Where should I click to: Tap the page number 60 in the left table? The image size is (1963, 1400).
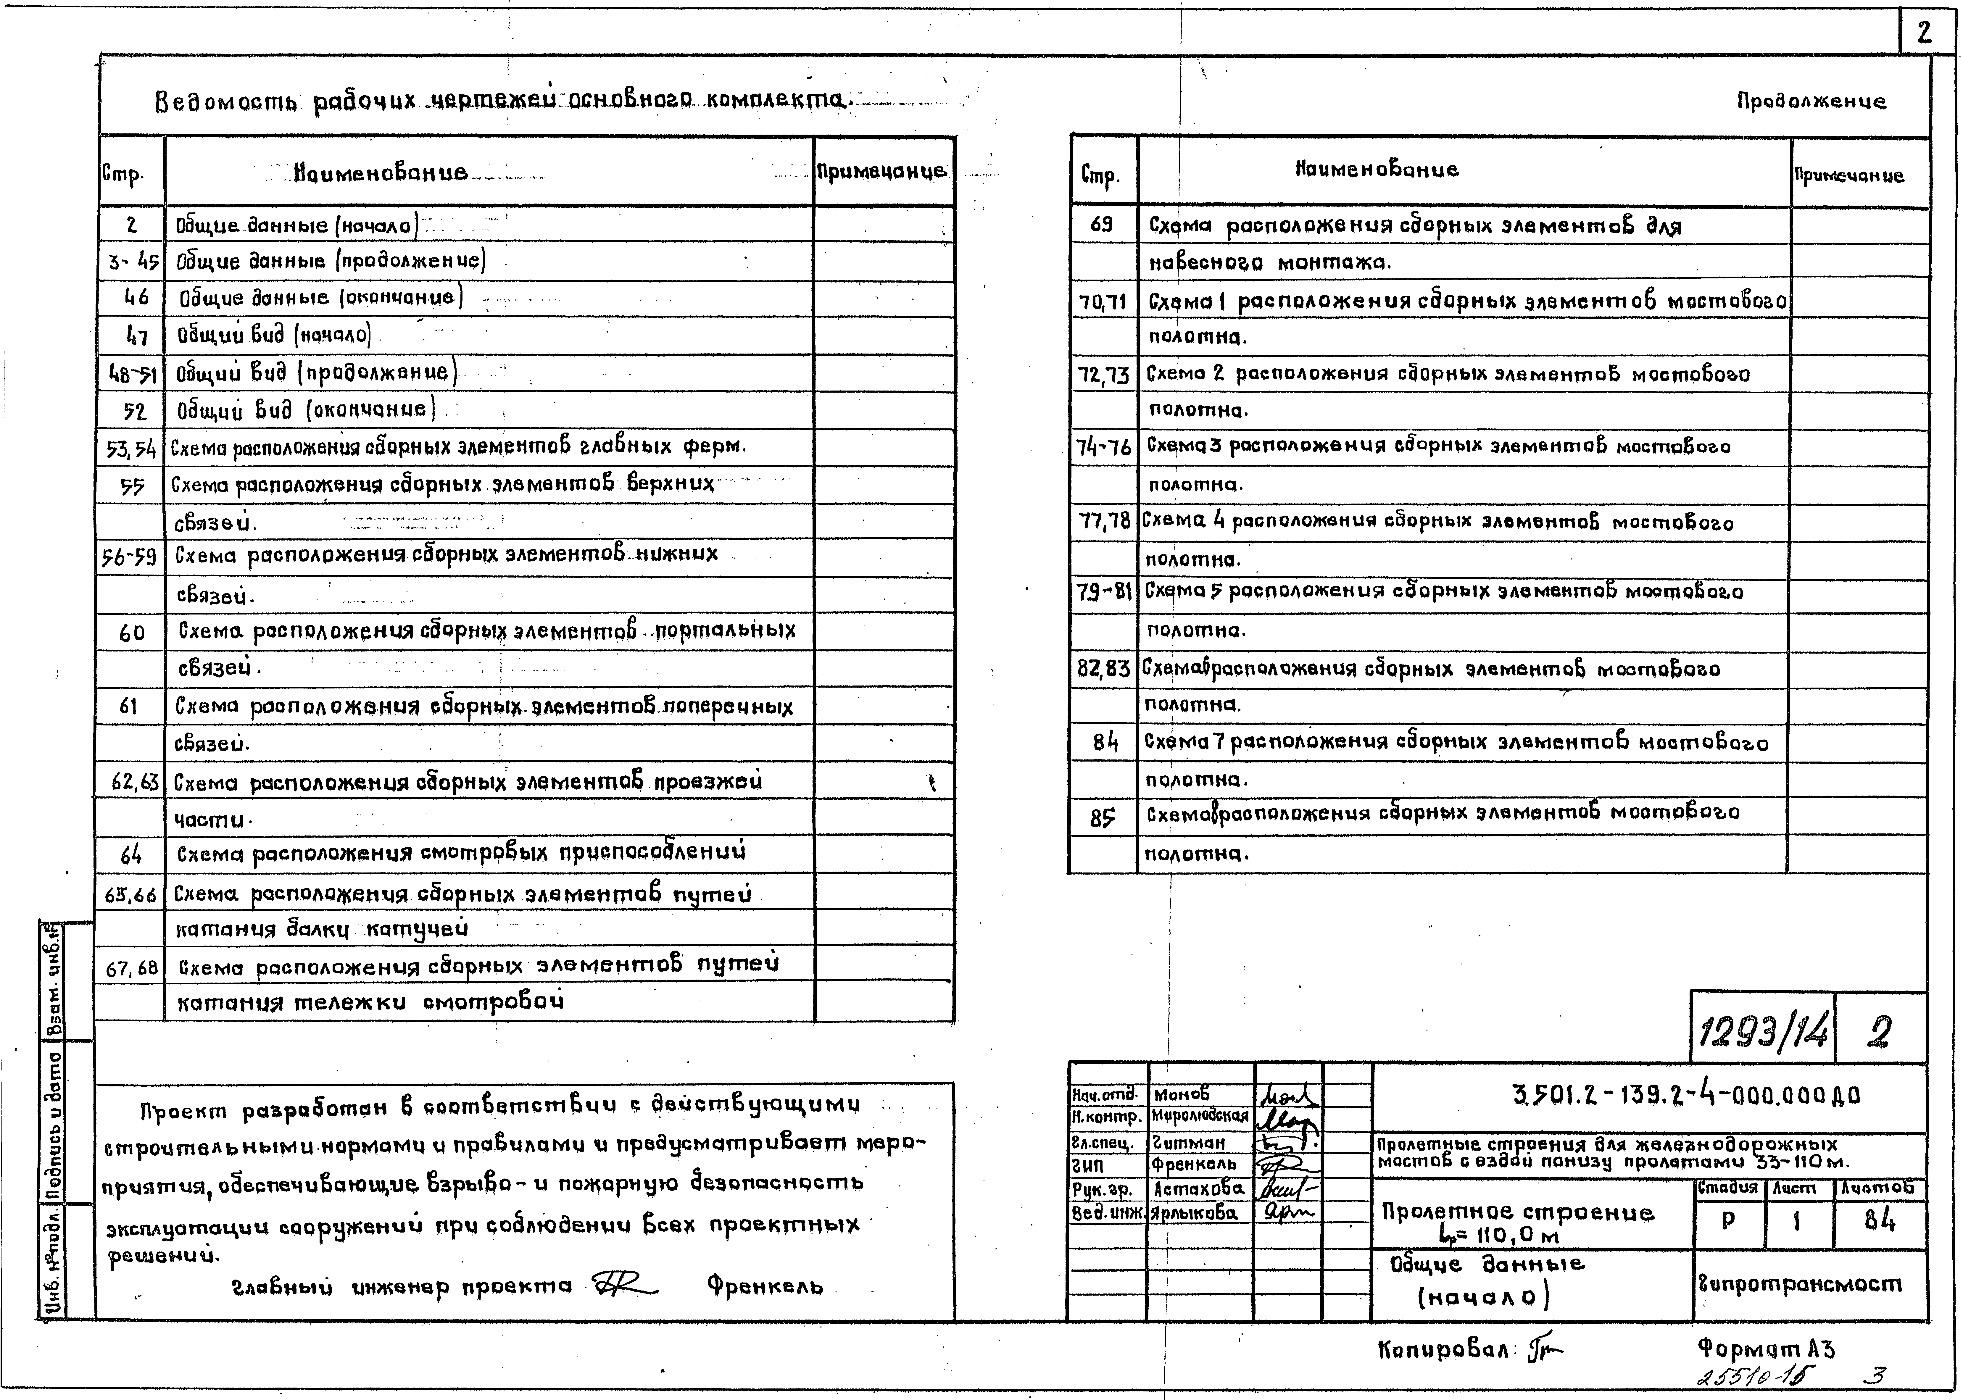click(132, 634)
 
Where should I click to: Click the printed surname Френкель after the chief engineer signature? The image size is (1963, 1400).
click(765, 1287)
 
